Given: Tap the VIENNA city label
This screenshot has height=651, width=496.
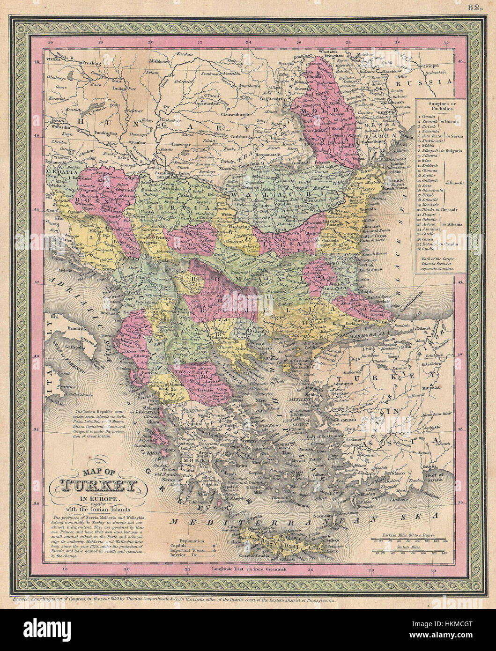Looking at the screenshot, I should [x=54, y=61].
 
